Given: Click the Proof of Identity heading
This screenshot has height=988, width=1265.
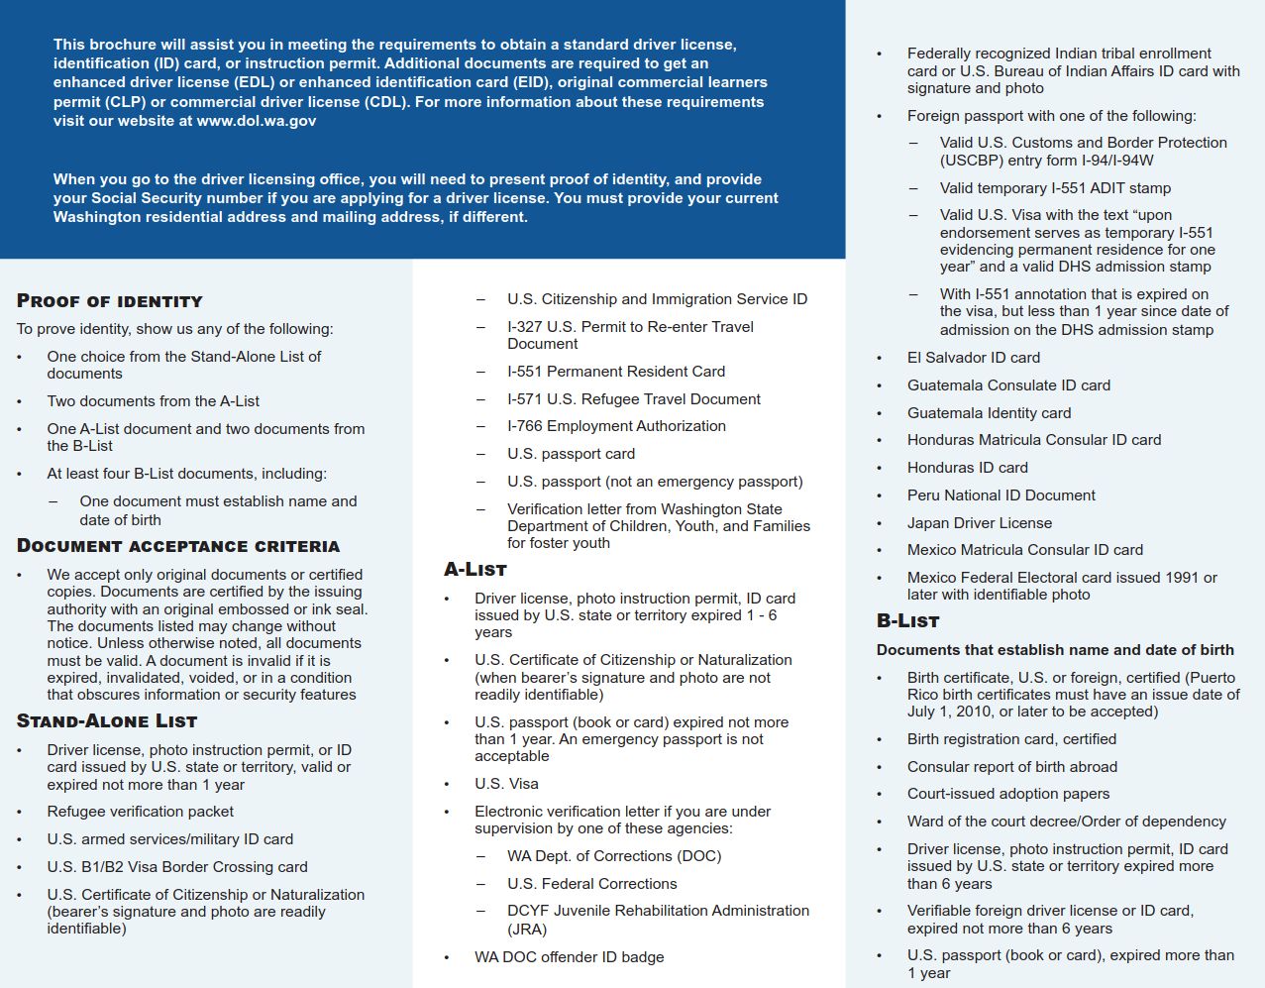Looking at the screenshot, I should [x=110, y=301].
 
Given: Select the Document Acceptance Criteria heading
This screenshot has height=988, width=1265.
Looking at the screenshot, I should [x=178, y=546].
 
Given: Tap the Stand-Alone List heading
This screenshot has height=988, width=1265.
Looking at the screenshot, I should [x=107, y=721].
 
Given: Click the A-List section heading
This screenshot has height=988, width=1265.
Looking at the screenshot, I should [x=475, y=570].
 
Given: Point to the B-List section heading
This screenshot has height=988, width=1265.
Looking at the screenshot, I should [x=907, y=621].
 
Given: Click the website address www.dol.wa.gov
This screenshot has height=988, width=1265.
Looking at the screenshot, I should [x=257, y=121].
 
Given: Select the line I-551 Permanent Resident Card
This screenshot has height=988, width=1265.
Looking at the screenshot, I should [x=616, y=372].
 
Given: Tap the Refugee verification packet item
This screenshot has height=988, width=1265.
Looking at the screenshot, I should [x=141, y=812].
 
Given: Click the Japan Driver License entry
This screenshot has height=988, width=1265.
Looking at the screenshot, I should [x=980, y=523].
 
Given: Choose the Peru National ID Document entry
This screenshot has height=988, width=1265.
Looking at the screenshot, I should [x=1001, y=495].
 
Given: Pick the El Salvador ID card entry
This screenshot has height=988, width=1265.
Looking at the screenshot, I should [x=974, y=358].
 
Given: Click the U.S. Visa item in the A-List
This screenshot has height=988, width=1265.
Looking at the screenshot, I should [x=506, y=784].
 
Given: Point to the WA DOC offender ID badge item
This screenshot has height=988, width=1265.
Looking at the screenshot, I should [x=569, y=957].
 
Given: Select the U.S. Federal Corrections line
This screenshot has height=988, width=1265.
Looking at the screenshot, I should [x=592, y=884].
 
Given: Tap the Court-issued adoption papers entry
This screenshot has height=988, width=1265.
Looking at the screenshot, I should [x=1008, y=794].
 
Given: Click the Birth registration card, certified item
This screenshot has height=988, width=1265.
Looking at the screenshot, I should [x=1011, y=739].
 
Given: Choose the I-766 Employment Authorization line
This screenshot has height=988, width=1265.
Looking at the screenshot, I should [x=616, y=426].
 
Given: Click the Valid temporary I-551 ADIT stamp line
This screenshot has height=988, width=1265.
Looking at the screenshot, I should [x=1055, y=188].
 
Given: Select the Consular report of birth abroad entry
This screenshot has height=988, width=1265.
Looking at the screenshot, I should [x=1012, y=767].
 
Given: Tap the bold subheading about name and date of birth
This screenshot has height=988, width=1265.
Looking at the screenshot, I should [x=1055, y=650].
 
